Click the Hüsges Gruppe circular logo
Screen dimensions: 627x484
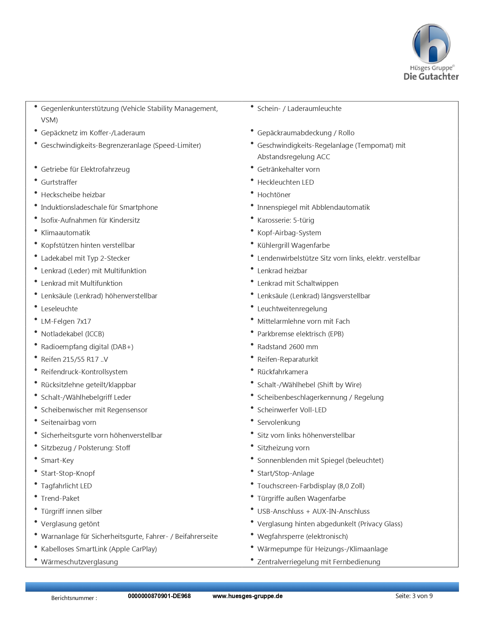[431, 44]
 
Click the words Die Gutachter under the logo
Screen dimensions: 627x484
[431, 76]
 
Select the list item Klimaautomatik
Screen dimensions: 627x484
[65, 233]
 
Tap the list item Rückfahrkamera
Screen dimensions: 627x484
[282, 372]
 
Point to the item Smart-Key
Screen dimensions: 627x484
[57, 460]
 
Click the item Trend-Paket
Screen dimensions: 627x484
[60, 498]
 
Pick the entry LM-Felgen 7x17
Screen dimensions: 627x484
[66, 321]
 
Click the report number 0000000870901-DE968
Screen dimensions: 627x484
[159, 596]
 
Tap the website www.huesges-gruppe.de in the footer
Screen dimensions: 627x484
[247, 596]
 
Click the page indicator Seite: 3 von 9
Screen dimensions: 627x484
[414, 596]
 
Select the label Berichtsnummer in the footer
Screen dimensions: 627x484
[74, 598]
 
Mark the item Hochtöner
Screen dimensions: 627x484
[274, 195]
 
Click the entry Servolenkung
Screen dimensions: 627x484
[279, 422]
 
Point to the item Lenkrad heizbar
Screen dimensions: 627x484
[282, 271]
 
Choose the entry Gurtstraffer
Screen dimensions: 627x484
[59, 182]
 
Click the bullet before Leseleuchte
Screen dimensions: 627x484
[36, 307]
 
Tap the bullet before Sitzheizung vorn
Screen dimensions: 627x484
[252, 446]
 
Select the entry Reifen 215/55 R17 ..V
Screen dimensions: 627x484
[74, 359]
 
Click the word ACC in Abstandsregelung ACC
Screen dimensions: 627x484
[323, 157]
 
